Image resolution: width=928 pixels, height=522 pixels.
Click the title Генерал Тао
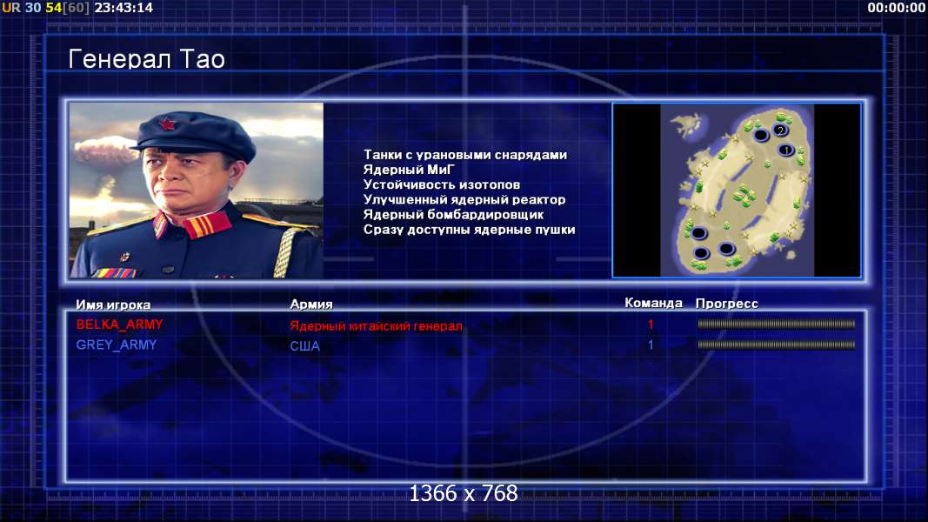147,59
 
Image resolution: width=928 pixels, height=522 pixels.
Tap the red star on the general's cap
169,125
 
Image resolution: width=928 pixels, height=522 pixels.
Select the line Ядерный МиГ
409,170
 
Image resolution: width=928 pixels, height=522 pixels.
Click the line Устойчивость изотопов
442,184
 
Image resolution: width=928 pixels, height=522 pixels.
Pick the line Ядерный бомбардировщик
453,214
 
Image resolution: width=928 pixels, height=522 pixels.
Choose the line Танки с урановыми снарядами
465,155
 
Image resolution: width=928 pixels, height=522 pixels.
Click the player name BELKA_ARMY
119,325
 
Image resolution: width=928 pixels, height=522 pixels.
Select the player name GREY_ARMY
117,345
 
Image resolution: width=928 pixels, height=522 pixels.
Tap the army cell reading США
304,346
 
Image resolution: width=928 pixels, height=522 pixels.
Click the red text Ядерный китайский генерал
376,326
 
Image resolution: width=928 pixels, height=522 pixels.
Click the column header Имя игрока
113,304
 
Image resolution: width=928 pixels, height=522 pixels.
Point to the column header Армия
311,304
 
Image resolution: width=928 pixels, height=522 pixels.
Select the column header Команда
653,303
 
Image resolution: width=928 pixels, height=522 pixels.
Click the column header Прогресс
727,304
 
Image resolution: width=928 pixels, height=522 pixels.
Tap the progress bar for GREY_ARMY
776,345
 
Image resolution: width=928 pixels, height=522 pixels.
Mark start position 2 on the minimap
781,130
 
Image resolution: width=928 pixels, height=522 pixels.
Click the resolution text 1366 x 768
464,493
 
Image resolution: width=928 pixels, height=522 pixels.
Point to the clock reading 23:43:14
124,8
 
